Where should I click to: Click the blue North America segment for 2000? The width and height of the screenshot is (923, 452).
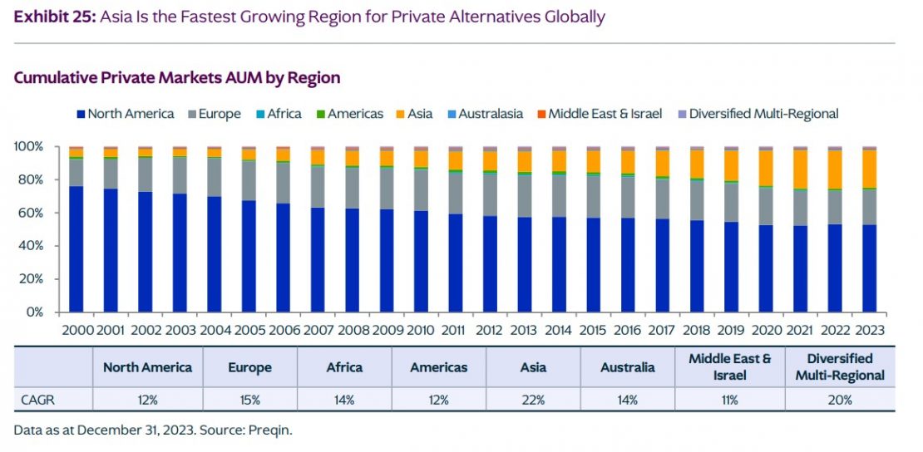click(x=76, y=249)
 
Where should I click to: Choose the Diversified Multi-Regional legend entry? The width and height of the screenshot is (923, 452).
click(x=758, y=114)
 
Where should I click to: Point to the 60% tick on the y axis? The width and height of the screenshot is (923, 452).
click(x=31, y=213)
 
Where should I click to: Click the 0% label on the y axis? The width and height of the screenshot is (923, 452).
click(x=33, y=312)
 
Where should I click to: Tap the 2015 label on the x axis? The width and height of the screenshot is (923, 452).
click(x=594, y=330)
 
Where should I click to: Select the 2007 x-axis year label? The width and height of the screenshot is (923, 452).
click(x=318, y=330)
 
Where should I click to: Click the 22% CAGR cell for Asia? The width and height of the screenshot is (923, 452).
click(x=533, y=400)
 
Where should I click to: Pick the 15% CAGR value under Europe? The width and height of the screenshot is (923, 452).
click(x=250, y=400)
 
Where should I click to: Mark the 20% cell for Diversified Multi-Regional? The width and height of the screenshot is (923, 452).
click(x=839, y=400)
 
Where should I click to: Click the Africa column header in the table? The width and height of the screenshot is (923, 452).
click(x=344, y=367)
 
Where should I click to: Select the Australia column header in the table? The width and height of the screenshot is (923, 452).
click(x=627, y=367)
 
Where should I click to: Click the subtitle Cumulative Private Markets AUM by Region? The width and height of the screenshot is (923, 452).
click(x=177, y=78)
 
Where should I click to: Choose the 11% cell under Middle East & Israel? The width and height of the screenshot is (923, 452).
click(x=729, y=400)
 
